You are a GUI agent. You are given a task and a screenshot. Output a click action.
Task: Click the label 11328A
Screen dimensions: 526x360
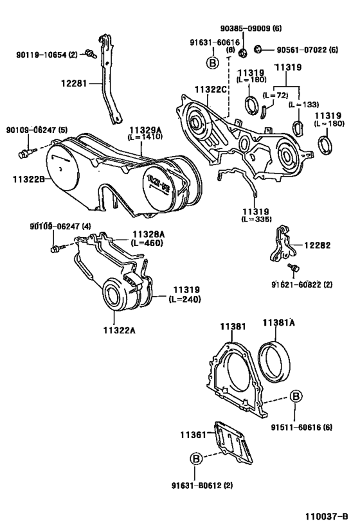[148, 235]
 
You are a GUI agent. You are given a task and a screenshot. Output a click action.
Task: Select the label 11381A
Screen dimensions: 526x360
[278, 323]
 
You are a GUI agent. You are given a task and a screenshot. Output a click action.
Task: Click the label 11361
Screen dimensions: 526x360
[193, 435]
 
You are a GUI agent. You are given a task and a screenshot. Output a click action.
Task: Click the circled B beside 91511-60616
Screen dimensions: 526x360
[295, 396]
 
